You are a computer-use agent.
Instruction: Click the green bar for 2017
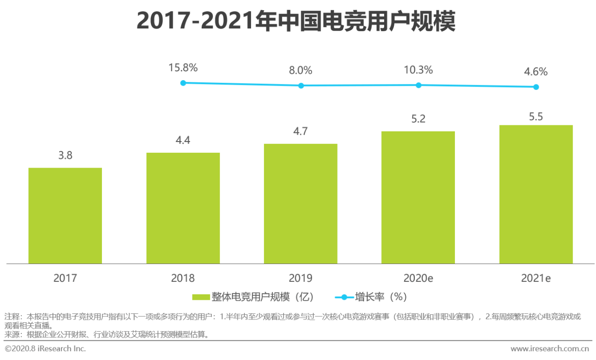coord(65,216)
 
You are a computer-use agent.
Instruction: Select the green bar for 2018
coord(183,208)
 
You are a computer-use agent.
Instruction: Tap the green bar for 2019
coord(301,204)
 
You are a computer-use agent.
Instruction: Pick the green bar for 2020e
coord(418,197)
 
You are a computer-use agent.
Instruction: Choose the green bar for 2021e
coord(536,194)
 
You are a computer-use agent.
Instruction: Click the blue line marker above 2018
coord(183,83)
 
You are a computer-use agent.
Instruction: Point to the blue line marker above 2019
coord(301,86)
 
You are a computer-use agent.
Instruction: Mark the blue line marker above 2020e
coord(418,85)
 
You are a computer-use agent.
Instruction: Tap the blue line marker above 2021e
coord(536,87)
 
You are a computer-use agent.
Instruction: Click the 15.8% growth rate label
coord(183,68)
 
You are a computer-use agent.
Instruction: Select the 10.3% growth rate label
coord(418,70)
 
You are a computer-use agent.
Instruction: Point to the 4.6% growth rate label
coord(536,72)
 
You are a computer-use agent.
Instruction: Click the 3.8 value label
coord(65,156)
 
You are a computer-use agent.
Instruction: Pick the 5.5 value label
coord(536,116)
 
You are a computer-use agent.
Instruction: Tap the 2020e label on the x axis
coord(418,278)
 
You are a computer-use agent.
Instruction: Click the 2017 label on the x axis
coord(65,278)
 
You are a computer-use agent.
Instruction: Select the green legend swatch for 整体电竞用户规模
coord(201,297)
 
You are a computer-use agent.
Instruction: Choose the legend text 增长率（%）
coord(380,297)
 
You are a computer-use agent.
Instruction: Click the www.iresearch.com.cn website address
coord(549,348)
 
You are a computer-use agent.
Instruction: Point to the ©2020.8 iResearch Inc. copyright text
coord(46,348)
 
